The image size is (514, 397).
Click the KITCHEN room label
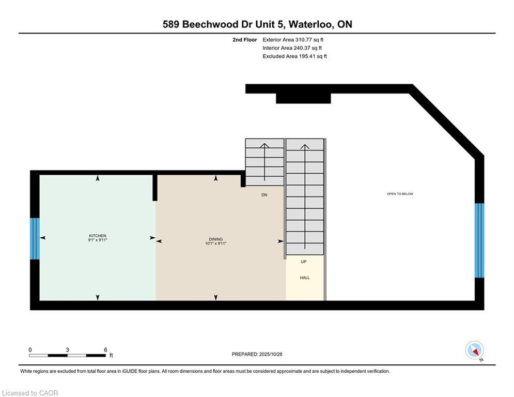(97, 236)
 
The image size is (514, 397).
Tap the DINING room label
(216, 239)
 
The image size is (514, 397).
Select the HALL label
(305, 278)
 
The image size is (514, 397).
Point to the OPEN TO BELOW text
(400, 194)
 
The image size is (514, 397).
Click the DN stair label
(263, 195)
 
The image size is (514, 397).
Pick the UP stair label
(304, 262)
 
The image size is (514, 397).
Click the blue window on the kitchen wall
(35, 238)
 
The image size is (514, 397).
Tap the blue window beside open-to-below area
(479, 240)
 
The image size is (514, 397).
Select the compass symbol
(474, 350)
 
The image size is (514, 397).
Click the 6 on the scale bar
(105, 349)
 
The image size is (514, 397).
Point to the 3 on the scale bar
(68, 349)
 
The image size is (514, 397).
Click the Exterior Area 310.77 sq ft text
(293, 39)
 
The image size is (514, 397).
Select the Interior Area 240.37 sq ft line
(292, 48)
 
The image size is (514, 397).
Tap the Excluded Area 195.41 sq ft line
(294, 56)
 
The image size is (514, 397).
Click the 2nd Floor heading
(244, 39)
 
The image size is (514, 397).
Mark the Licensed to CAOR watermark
(30, 393)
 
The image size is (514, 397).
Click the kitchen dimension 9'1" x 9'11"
(97, 240)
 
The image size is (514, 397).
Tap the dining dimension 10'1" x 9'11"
(216, 243)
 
